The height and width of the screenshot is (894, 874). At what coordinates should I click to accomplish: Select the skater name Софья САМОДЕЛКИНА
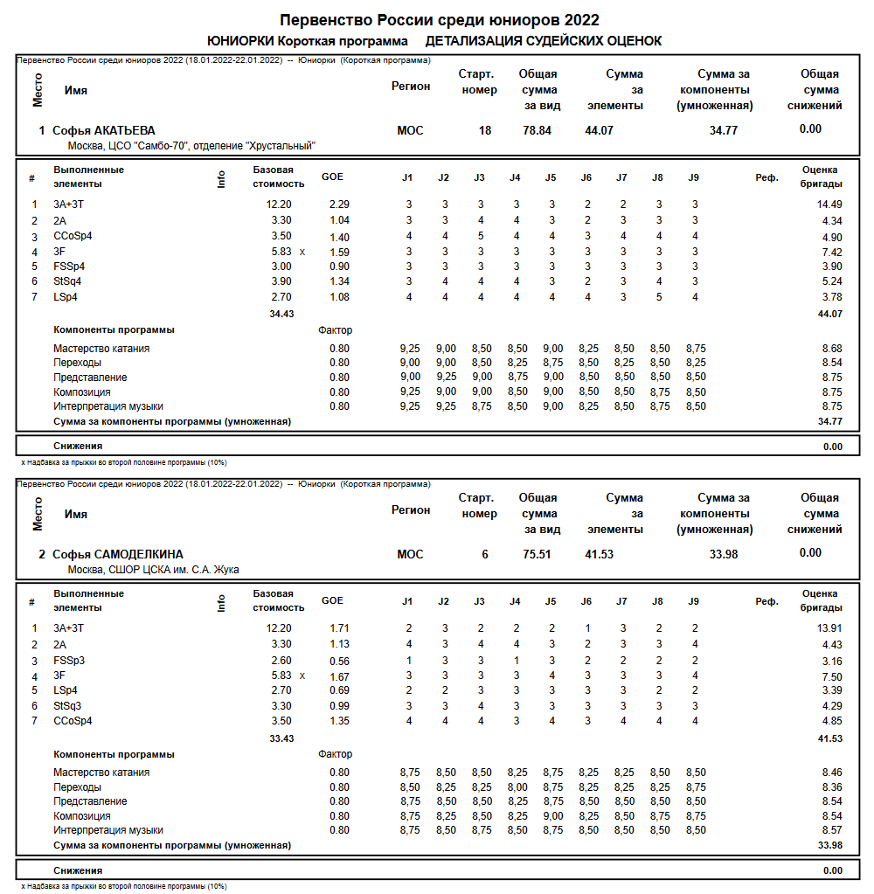[118, 554]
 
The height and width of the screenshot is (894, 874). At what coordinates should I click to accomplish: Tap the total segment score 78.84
[537, 130]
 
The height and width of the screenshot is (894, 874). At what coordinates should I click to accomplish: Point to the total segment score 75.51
[537, 554]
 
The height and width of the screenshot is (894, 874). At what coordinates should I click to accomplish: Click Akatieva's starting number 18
[485, 130]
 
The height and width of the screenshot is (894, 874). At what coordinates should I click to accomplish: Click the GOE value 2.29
[339, 204]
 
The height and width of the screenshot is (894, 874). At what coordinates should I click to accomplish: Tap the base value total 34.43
[281, 313]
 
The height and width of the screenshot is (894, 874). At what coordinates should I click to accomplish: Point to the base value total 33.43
[281, 738]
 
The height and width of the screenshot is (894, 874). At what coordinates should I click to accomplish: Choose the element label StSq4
[68, 281]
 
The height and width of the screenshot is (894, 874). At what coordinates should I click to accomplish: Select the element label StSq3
[68, 705]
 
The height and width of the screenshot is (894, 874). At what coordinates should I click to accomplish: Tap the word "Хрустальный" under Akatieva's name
[281, 146]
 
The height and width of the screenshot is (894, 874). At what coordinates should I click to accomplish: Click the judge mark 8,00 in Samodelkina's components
[517, 787]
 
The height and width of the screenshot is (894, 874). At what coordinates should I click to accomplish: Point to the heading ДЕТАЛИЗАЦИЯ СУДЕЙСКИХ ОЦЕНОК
[544, 41]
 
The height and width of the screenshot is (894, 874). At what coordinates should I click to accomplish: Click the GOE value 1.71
[339, 628]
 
